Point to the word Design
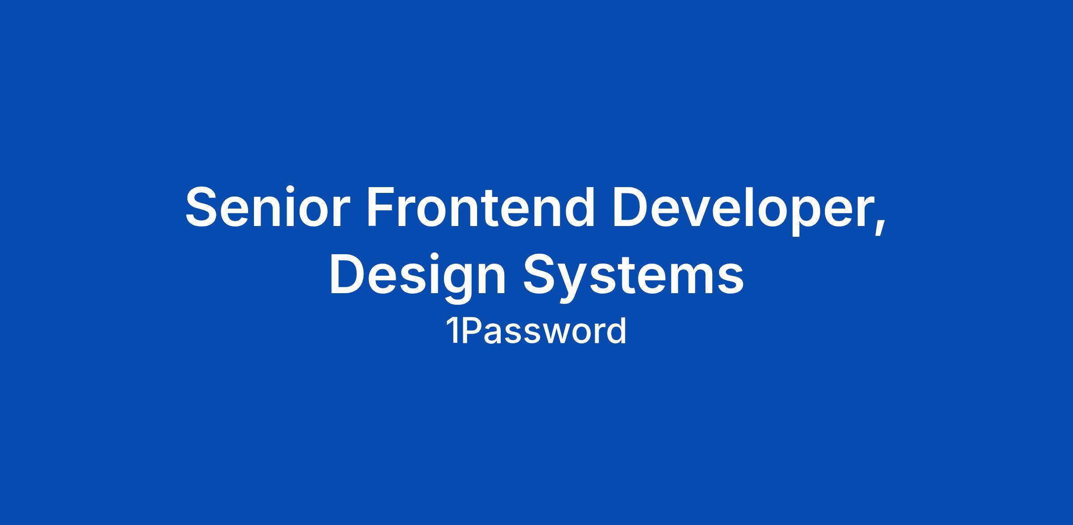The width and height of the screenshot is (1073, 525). pos(418,276)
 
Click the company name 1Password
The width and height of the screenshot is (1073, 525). pos(536,332)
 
